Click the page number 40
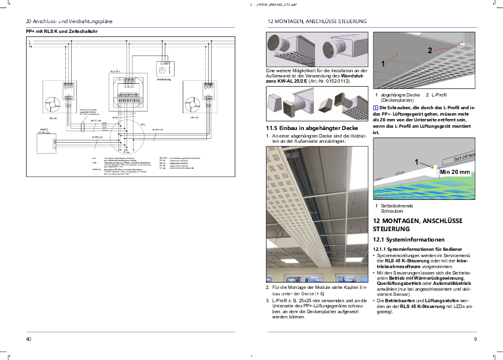(x=28, y=339)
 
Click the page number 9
(x=475, y=339)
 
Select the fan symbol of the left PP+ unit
(x=52, y=103)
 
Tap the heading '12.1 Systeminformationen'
(x=408, y=239)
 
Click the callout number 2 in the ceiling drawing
(x=430, y=50)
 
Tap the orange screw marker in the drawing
(x=431, y=166)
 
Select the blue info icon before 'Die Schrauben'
(x=376, y=107)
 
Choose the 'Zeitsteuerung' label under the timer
(x=163, y=79)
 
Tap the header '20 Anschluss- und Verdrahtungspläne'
(x=69, y=21)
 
